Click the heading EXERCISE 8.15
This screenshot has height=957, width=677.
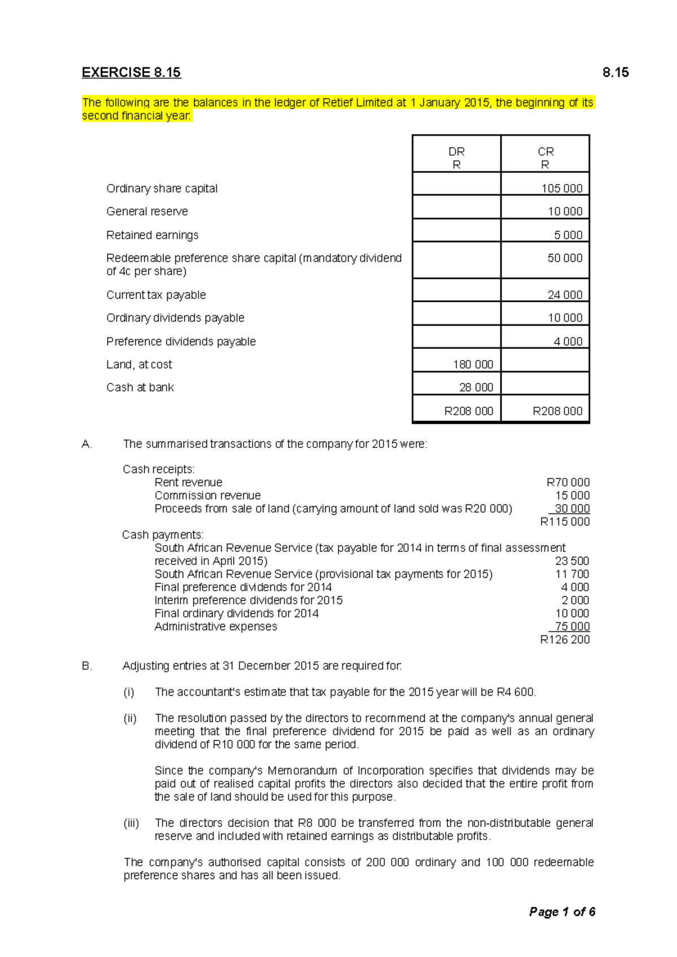tap(131, 73)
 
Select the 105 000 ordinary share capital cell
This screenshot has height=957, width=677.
tap(561, 188)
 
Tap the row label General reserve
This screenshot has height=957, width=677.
tap(147, 212)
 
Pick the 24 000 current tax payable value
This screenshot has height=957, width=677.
tap(565, 295)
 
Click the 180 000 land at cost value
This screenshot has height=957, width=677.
tap(473, 365)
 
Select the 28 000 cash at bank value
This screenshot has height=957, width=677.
tap(476, 388)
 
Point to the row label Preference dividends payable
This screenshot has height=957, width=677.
tap(181, 342)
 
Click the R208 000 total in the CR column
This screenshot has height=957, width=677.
tap(557, 411)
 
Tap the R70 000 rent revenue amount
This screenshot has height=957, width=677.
tap(568, 482)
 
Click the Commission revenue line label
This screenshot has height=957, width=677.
tap(208, 495)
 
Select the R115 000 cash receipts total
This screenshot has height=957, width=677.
tap(565, 522)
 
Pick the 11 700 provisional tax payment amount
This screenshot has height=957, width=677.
tap(572, 574)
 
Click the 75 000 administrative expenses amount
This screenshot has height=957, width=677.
tap(572, 627)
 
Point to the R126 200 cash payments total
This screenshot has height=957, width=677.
tap(565, 640)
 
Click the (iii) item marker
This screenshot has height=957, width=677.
tap(131, 823)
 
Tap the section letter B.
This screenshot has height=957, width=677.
tap(86, 666)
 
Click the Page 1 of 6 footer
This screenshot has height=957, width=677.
tap(562, 912)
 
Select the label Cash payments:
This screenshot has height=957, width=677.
tap(162, 535)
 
